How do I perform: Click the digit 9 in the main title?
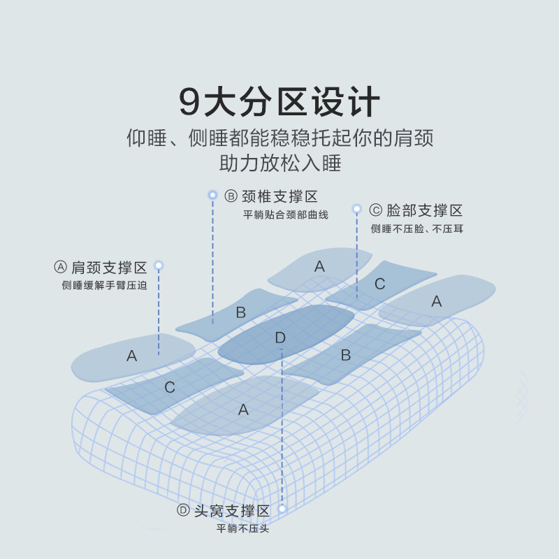coord(190,102)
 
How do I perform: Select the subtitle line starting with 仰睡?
coord(279,138)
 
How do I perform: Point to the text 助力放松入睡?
coord(279,164)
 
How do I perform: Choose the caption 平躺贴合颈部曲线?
coord(285,215)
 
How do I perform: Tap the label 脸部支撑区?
coord(425,210)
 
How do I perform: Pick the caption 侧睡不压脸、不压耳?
coord(417,228)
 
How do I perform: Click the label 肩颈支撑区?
coord(110,268)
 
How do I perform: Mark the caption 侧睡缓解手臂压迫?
coord(104,285)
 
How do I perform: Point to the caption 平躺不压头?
coord(242,529)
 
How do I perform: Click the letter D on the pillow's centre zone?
coord(280,338)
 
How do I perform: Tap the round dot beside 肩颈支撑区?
coord(159,266)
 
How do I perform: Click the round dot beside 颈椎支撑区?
coord(213,195)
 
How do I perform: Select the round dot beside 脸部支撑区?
coord(356,209)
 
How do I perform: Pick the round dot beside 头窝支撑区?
coord(282,509)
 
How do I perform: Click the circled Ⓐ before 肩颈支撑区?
coord(60,268)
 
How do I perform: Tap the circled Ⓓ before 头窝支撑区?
coord(183,511)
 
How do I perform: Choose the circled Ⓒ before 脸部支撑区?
coord(375,210)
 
